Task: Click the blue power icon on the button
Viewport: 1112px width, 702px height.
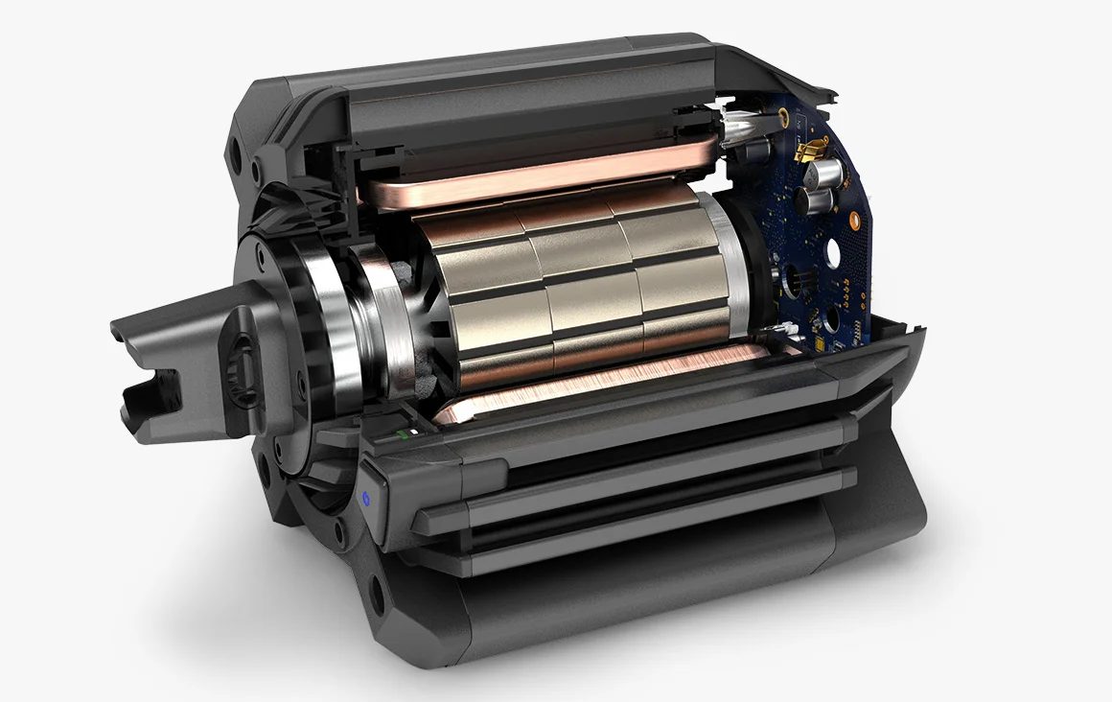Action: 364,497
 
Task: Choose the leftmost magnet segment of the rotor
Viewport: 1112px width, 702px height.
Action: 475,297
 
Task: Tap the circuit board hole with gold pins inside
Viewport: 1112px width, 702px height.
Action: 799,284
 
